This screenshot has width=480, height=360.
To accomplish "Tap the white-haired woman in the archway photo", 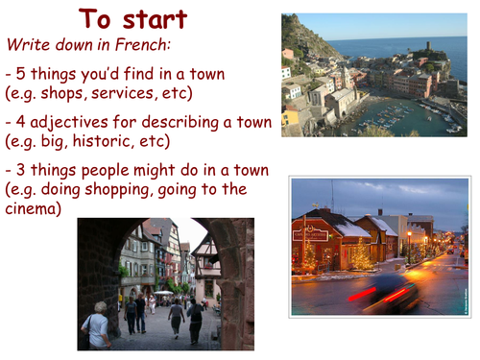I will [96, 327].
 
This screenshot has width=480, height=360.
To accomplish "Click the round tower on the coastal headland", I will [428, 44].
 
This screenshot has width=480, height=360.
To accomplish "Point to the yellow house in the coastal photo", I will [291, 116].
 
